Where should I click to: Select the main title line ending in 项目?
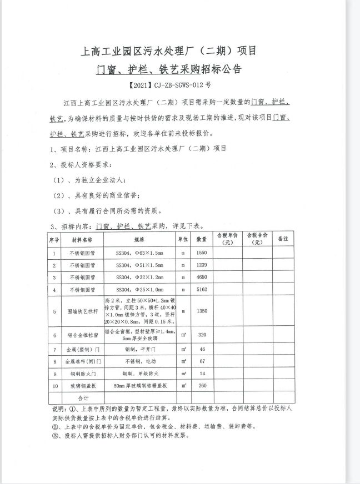point(169,51)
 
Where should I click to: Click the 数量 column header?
point(202,239)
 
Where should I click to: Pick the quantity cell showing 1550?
point(202,253)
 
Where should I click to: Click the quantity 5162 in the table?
point(202,290)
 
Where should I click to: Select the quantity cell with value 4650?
point(202,277)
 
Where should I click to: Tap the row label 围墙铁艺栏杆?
point(82,311)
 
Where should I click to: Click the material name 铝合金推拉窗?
point(82,335)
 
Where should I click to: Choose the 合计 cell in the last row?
point(82,398)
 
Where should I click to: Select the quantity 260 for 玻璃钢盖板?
point(202,386)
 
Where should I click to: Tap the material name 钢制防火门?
point(82,374)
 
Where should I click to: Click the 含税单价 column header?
point(227,239)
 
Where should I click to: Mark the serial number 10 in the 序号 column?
point(54,386)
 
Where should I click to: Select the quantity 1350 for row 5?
point(202,311)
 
